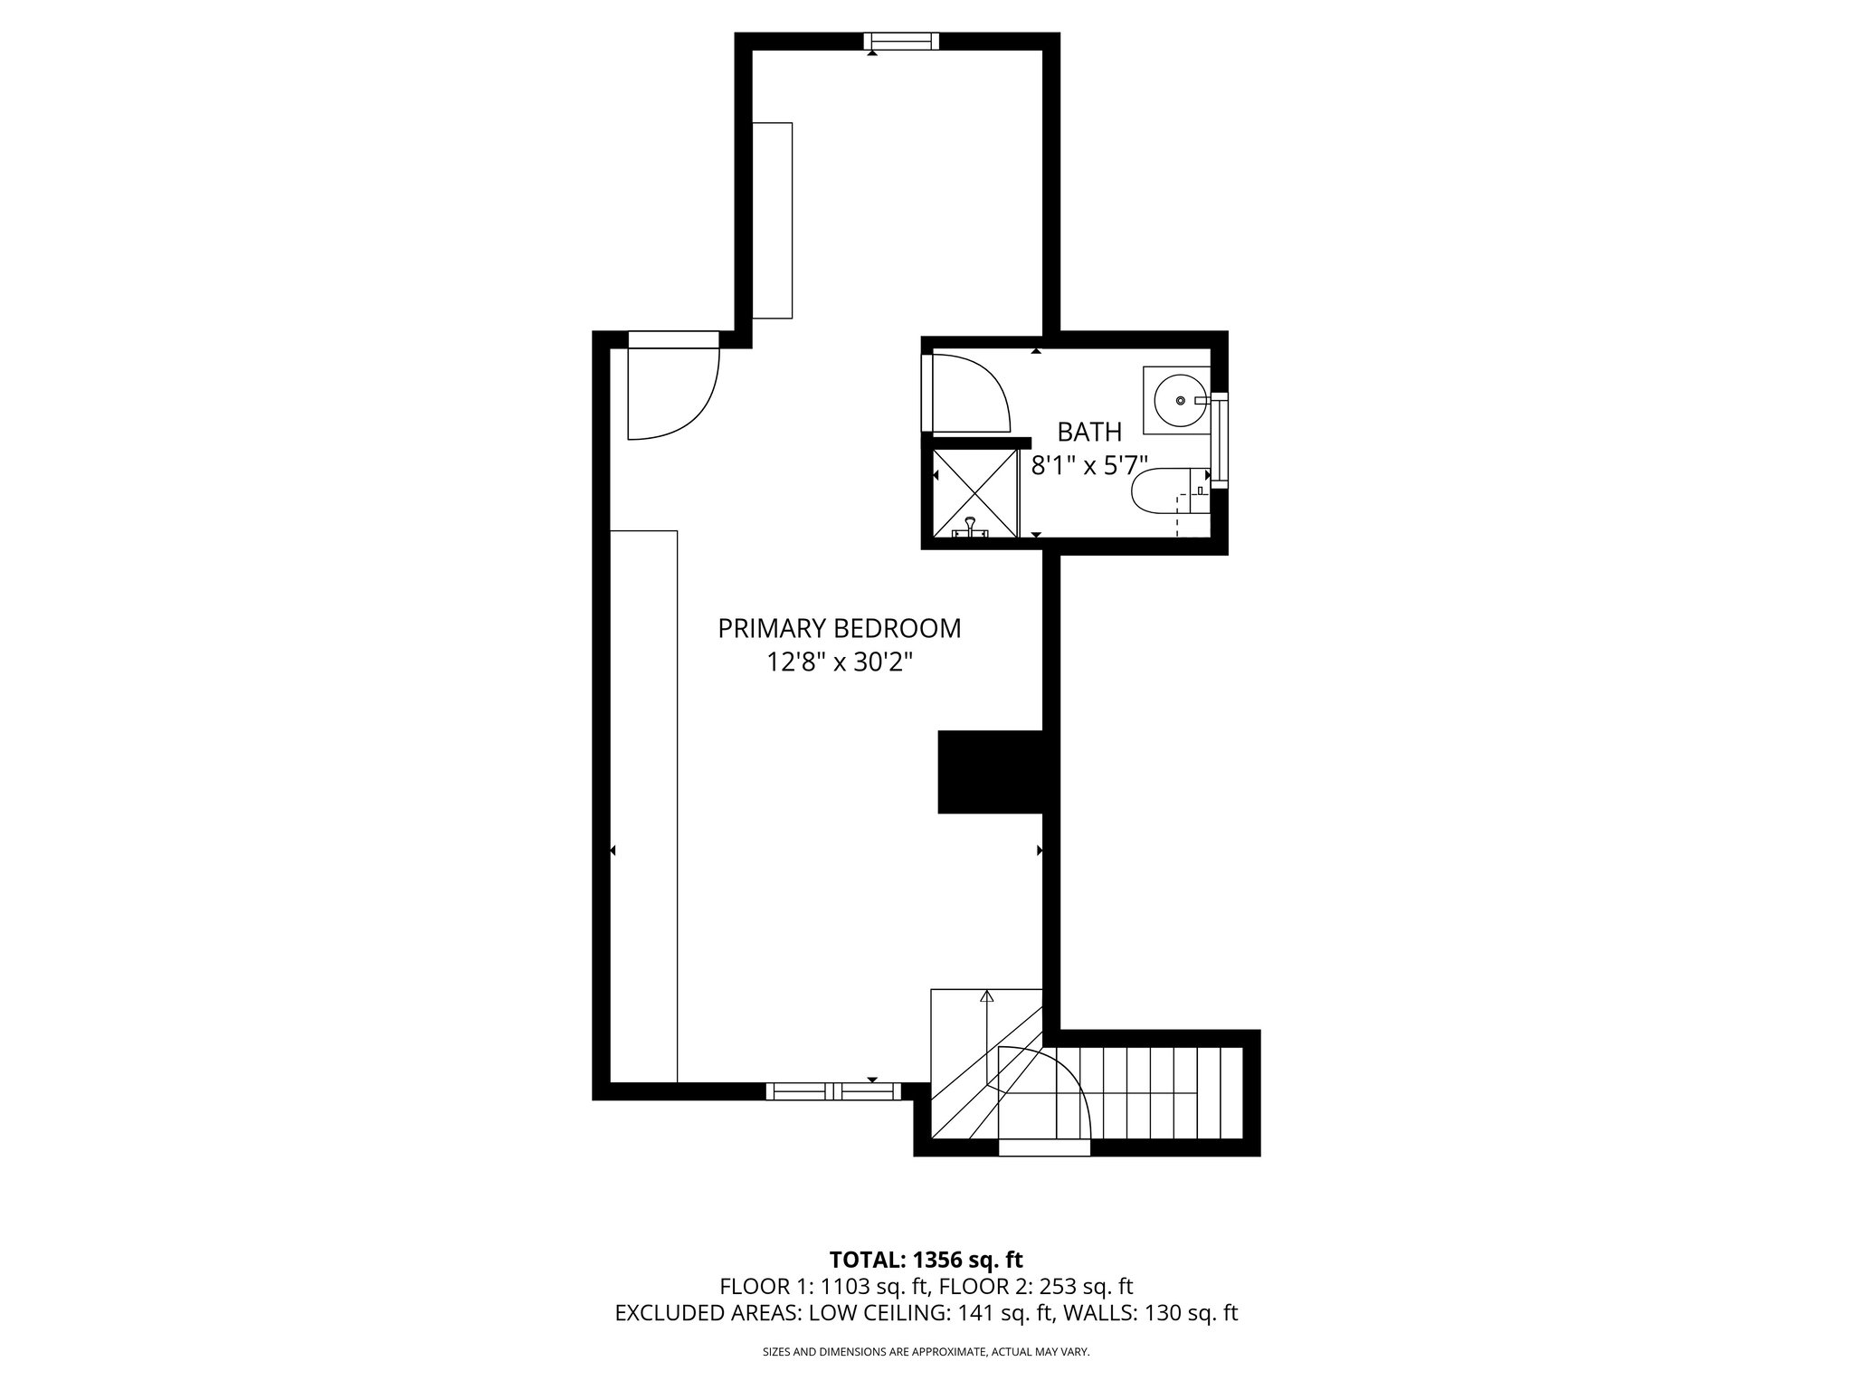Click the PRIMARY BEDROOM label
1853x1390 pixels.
tap(839, 628)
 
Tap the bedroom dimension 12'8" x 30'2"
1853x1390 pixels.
tap(839, 662)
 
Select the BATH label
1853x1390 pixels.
tap(1089, 432)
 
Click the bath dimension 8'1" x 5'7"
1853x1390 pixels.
tap(1089, 465)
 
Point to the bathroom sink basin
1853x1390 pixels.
tap(1180, 400)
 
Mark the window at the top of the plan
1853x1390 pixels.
tap(900, 41)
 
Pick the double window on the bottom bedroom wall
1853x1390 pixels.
tap(833, 1091)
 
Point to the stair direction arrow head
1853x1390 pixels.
tap(986, 996)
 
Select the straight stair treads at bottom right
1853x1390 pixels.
tap(1167, 1092)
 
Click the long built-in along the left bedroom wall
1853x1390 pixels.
tap(644, 805)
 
